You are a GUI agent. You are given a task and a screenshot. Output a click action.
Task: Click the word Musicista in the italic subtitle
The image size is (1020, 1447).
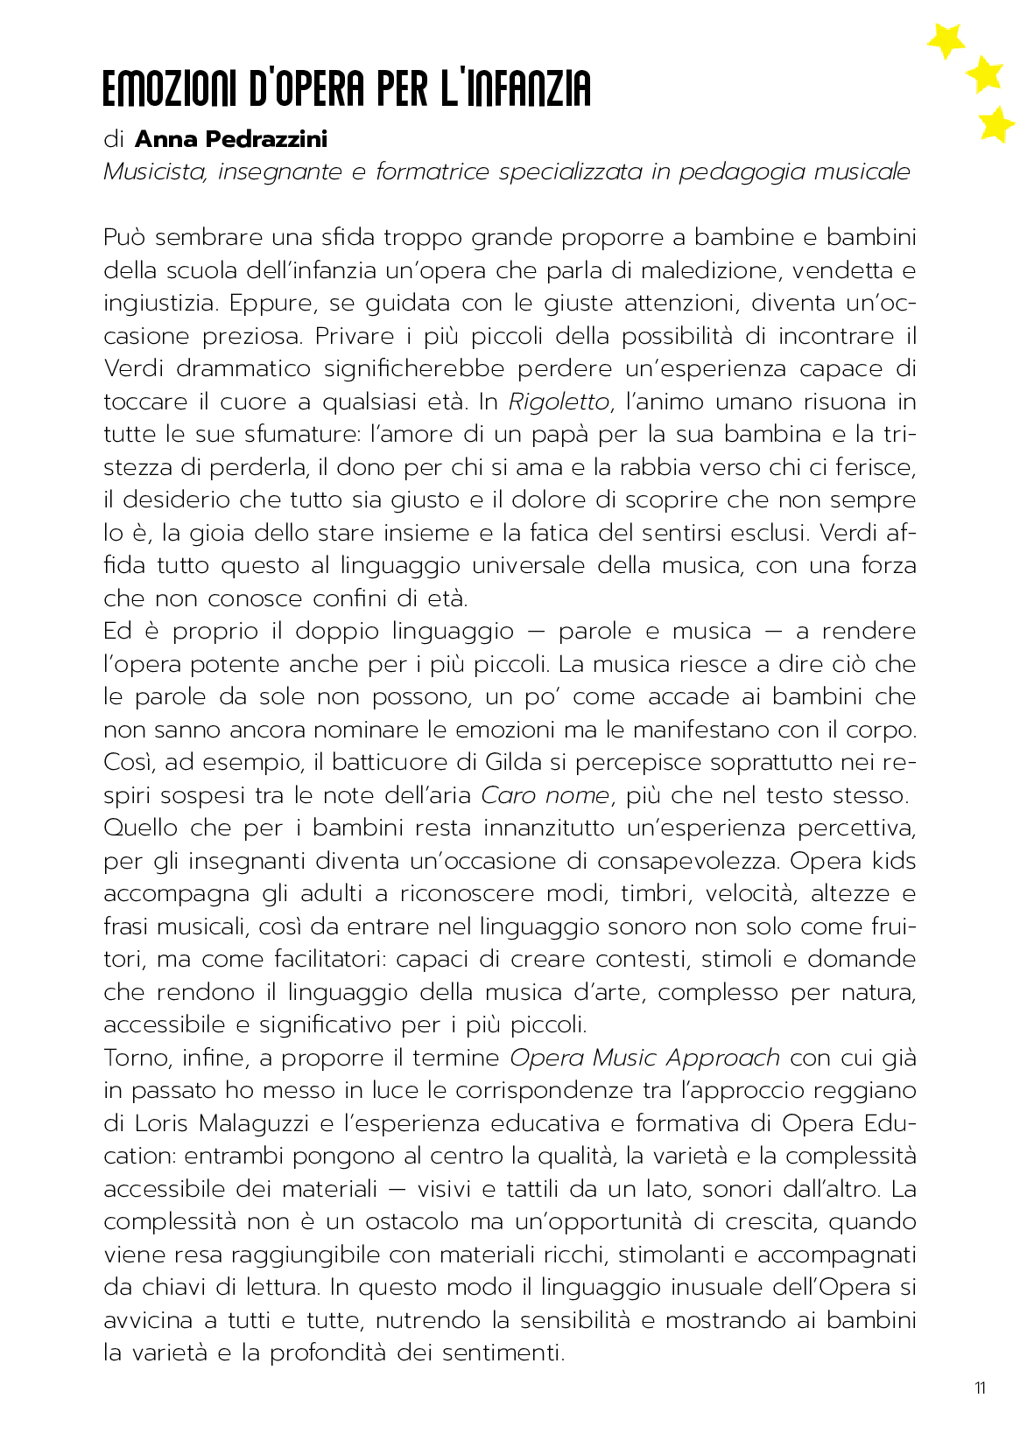click(x=155, y=171)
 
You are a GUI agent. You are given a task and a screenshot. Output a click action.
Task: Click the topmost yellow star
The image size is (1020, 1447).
click(x=946, y=39)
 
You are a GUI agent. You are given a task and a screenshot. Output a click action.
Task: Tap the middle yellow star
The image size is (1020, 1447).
click(x=985, y=74)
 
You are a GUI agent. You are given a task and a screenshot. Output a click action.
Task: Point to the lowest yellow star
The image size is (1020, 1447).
click(x=995, y=124)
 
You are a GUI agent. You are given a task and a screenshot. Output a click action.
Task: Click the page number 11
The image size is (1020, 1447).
click(x=980, y=1388)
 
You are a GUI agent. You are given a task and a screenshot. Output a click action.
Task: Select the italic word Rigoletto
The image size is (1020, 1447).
click(x=559, y=402)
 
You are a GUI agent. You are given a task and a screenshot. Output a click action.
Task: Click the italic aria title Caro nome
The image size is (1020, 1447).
click(x=545, y=795)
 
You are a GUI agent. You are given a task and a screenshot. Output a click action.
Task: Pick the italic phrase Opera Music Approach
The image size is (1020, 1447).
click(x=644, y=1058)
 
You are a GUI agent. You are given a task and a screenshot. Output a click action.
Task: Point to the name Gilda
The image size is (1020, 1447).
click(x=514, y=762)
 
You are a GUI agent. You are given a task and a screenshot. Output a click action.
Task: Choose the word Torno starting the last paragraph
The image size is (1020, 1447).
click(x=136, y=1058)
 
